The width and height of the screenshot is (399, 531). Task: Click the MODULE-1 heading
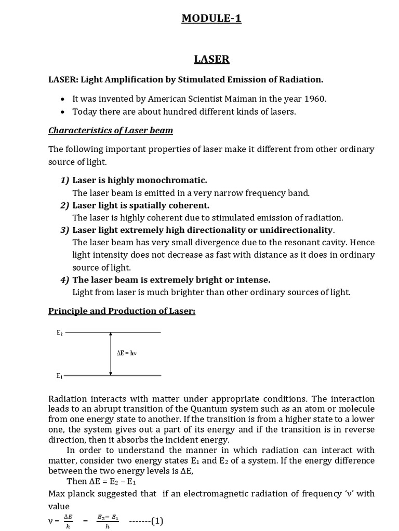(211, 19)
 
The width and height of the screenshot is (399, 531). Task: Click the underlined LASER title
(211, 60)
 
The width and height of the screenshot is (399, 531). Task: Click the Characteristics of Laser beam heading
(111, 130)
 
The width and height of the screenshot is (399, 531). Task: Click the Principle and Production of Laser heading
(122, 311)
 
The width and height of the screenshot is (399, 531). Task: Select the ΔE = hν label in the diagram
(126, 354)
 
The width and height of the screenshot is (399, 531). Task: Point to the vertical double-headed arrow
(110, 354)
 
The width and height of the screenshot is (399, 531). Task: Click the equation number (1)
(157, 521)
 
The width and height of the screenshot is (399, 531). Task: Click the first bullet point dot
(63, 99)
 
